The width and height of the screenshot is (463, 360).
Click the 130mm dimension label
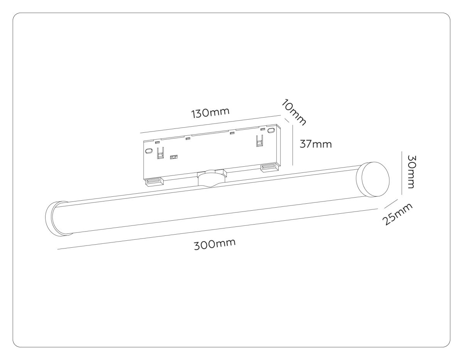[210, 113]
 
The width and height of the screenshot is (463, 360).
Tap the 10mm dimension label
[294, 112]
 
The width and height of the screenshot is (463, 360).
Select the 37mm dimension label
[316, 144]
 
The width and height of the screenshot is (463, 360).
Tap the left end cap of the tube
[56, 218]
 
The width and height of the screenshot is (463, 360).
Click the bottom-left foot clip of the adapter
[154, 181]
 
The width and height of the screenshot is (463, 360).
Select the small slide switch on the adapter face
[174, 157]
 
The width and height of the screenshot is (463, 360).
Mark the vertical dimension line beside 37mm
[293, 145]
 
